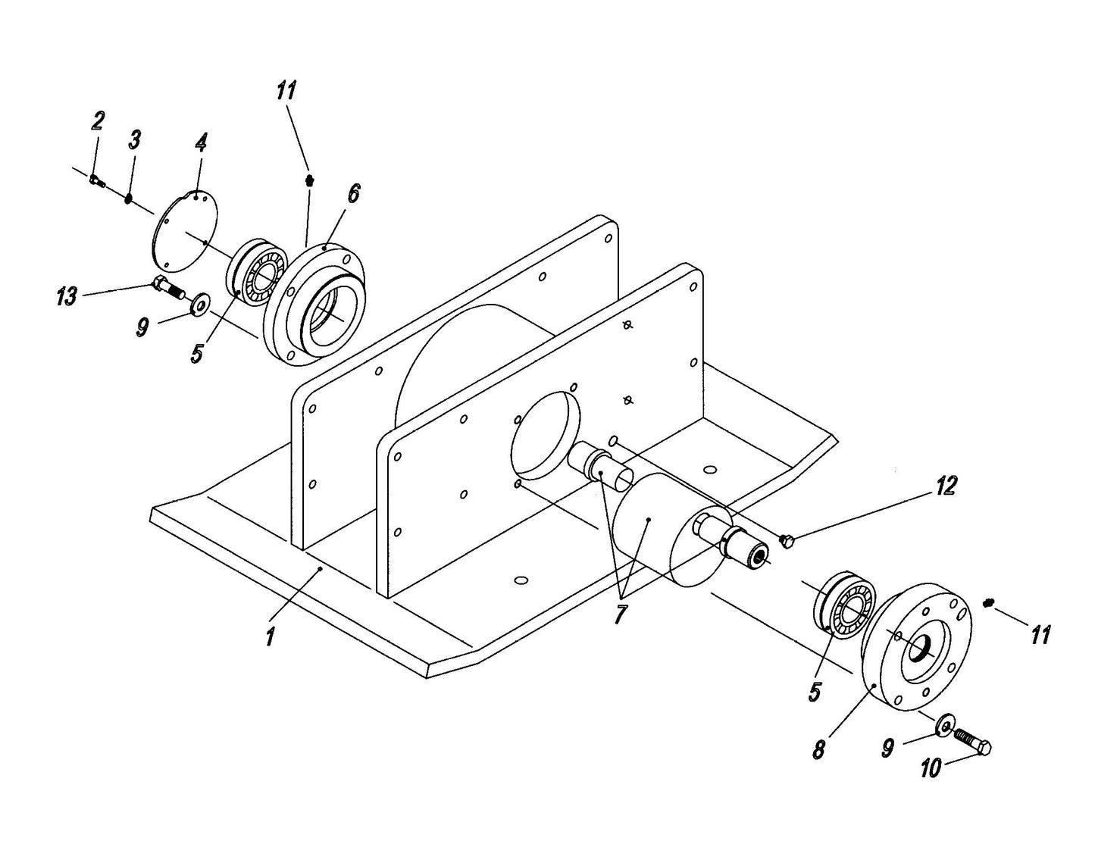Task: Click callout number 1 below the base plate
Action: (270, 635)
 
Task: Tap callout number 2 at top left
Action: (98, 120)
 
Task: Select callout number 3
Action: (134, 139)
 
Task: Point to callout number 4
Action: (201, 142)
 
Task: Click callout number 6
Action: (352, 193)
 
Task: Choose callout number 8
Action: (819, 750)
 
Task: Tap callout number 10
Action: (931, 768)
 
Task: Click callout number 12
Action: (945, 486)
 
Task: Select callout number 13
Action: (67, 296)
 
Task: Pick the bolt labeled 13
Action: (169, 287)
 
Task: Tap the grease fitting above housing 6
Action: (308, 180)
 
